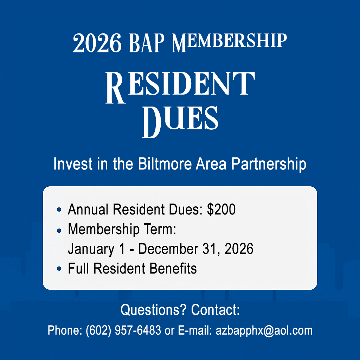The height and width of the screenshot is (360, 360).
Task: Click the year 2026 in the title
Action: click(x=97, y=43)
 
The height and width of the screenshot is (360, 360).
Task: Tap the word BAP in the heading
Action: click(x=147, y=43)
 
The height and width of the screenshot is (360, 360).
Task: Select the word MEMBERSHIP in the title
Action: click(x=229, y=43)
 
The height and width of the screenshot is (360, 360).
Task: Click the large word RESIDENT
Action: click(x=180, y=87)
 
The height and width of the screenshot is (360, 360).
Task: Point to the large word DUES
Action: click(x=180, y=122)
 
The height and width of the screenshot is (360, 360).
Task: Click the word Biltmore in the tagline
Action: click(x=165, y=164)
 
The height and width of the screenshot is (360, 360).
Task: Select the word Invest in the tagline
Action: click(x=73, y=164)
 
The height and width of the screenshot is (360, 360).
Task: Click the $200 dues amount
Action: click(x=221, y=209)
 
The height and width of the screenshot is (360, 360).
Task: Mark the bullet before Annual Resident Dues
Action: click(x=59, y=210)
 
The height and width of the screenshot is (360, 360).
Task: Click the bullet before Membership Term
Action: click(x=59, y=230)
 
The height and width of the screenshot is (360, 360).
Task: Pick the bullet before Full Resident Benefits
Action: click(x=59, y=268)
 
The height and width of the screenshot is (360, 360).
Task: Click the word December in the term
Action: click(x=168, y=249)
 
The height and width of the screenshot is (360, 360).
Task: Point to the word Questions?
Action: click(x=153, y=310)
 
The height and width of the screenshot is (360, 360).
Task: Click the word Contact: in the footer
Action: click(x=216, y=310)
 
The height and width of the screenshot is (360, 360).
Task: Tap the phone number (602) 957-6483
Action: click(x=123, y=330)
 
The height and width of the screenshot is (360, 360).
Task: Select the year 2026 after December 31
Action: click(x=239, y=249)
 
